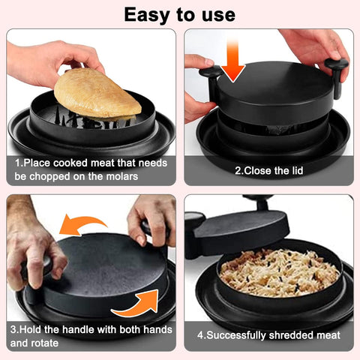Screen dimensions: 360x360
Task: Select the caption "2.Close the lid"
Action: click(x=268, y=170)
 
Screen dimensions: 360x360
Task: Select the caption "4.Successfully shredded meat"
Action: click(x=268, y=335)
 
